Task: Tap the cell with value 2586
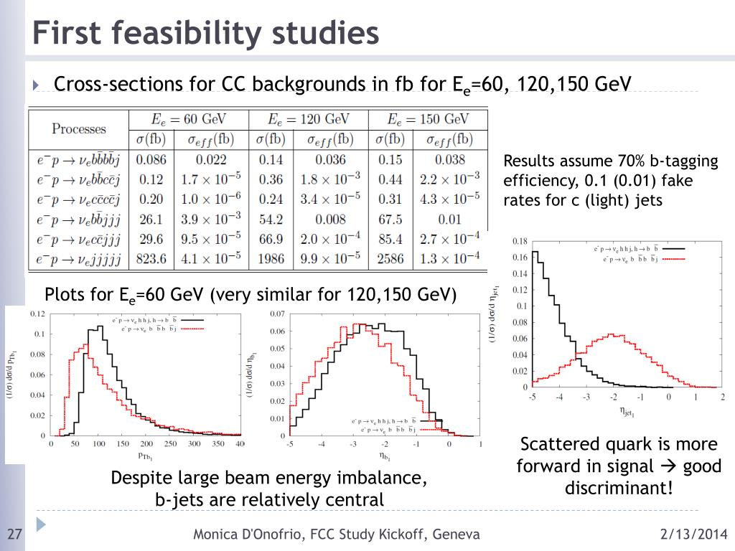[x=390, y=258]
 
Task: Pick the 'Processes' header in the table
[x=78, y=129]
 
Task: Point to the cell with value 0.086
[x=151, y=159]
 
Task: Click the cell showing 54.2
[x=271, y=218]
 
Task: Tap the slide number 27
[x=14, y=535]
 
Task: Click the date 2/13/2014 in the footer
[x=693, y=534]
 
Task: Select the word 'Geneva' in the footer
[x=454, y=534]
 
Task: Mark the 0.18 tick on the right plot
[x=520, y=242]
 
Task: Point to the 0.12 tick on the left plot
[x=37, y=314]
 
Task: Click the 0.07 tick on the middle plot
[x=277, y=314]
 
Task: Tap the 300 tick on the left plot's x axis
[x=193, y=444]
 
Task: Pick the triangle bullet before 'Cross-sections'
[x=38, y=85]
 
